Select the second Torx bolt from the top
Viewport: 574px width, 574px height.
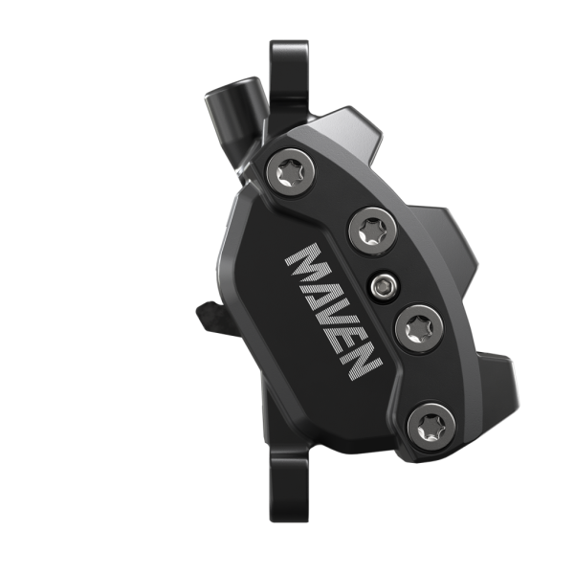click(368, 230)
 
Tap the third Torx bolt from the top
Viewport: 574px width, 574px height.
click(417, 330)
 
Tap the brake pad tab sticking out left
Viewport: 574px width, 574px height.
click(209, 314)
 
